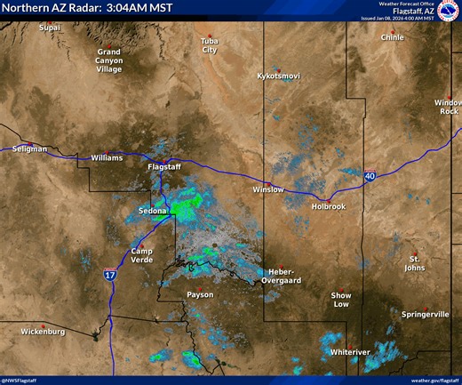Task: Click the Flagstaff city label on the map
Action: point(163,166)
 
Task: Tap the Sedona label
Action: point(153,211)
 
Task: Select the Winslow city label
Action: point(267,189)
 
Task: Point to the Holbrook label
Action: point(328,206)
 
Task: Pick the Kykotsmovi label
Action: point(278,76)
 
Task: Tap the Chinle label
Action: point(392,38)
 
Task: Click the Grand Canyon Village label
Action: point(109,60)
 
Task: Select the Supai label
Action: point(50,28)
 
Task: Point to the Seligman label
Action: point(30,148)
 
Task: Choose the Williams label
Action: point(107,157)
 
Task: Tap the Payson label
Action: point(200,294)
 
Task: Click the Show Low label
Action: point(341,300)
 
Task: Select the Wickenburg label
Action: point(43,332)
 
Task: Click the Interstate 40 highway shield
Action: point(368,178)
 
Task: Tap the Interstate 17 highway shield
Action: point(109,276)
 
